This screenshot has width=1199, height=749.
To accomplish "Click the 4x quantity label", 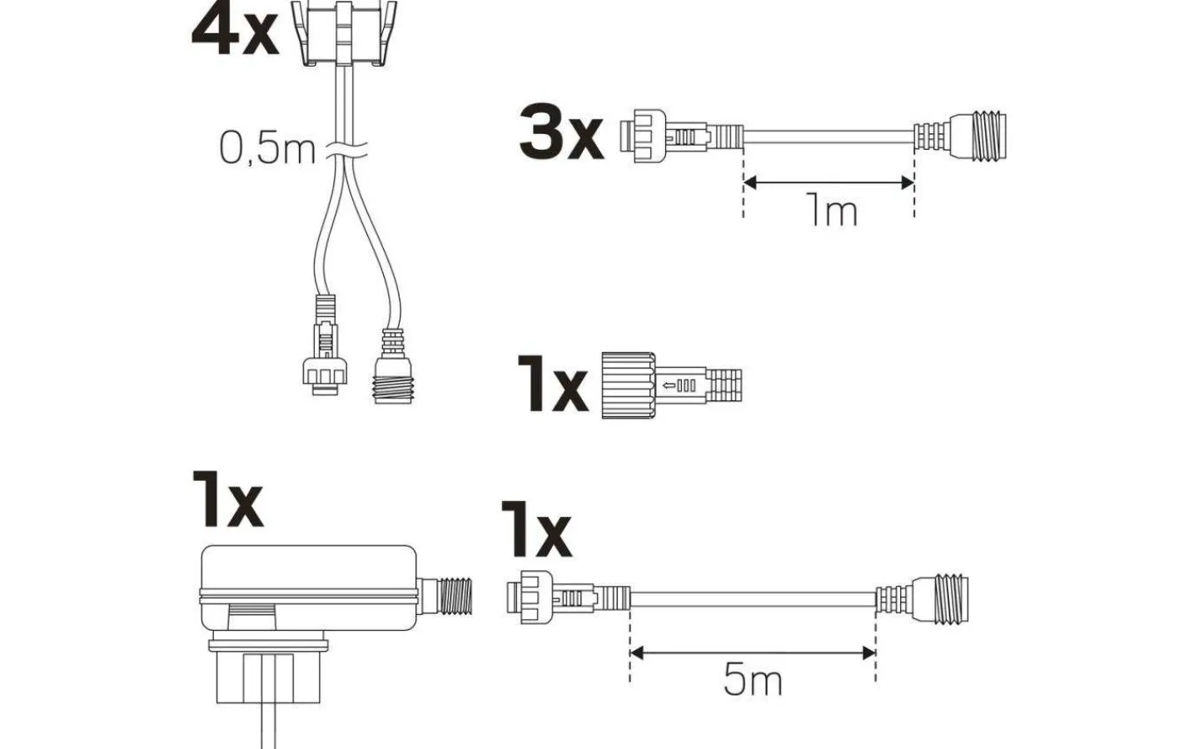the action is point(235,29).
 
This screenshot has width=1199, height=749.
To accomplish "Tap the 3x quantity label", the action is point(561,131).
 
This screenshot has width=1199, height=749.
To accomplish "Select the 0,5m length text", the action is point(267,148).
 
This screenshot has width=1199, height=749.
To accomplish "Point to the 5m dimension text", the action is point(753,679).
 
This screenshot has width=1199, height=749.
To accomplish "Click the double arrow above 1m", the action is point(828,182).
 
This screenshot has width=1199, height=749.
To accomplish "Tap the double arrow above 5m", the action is point(753,652).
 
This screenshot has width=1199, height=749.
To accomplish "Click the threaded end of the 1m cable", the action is point(961,136).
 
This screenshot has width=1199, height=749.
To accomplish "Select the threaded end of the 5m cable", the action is point(923,598).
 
